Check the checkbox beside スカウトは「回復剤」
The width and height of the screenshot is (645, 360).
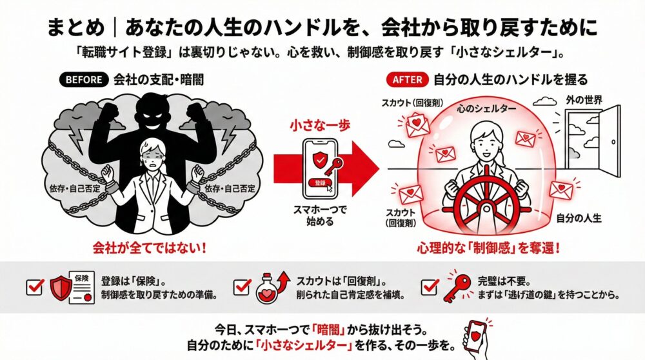tap(242, 287)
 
